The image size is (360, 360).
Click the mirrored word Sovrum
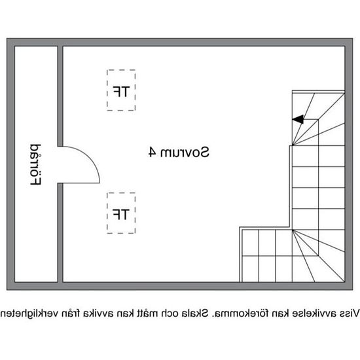tap(185, 153)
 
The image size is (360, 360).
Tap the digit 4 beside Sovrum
tap(152, 152)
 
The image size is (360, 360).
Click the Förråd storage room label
tap(36, 164)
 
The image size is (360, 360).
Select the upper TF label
tap(121, 92)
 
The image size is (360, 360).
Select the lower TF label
tap(121, 214)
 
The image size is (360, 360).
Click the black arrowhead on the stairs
tap(298, 119)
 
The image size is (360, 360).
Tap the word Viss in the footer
tap(350, 313)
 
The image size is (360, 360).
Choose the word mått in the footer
tap(146, 313)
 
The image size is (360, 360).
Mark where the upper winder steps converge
tap(293, 145)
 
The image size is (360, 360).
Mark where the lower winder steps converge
tap(293, 230)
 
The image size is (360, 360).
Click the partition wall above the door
tap(60, 96)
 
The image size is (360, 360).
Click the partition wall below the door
tap(60, 232)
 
